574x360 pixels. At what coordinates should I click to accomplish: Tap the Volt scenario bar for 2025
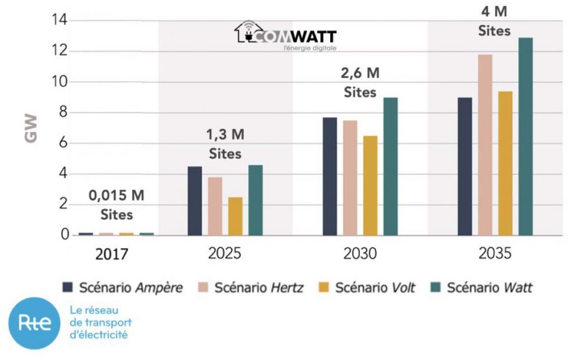pyautogui.click(x=235, y=216)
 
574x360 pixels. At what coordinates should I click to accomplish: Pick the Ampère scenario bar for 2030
pyautogui.click(x=330, y=176)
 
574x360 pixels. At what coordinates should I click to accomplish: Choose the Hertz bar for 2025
pyautogui.click(x=215, y=206)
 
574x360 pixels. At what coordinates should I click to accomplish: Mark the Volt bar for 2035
pyautogui.click(x=505, y=163)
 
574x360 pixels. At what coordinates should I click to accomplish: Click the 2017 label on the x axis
pyautogui.click(x=112, y=254)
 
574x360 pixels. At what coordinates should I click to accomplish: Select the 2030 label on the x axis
pyautogui.click(x=359, y=253)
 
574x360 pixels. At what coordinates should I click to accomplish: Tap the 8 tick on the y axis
pyautogui.click(x=63, y=113)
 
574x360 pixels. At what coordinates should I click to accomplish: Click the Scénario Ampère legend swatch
pyautogui.click(x=68, y=288)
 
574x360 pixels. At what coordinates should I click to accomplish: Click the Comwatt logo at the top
pyautogui.click(x=285, y=36)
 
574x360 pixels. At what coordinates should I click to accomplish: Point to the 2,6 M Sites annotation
pyautogui.click(x=360, y=82)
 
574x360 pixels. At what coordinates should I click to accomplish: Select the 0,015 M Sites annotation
pyautogui.click(x=117, y=205)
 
